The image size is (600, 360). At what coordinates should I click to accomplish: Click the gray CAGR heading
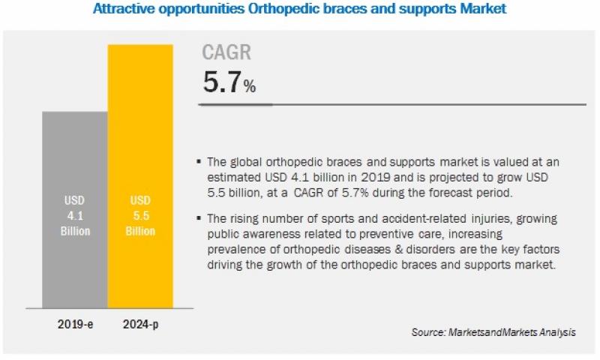click(x=226, y=52)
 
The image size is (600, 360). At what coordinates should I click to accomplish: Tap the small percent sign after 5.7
click(x=249, y=88)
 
